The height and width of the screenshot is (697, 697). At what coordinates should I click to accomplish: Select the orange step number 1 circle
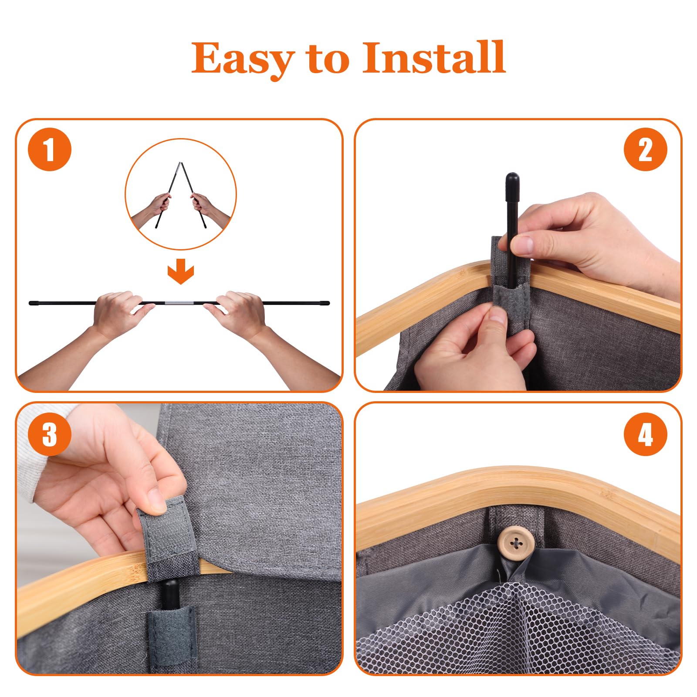(50, 149)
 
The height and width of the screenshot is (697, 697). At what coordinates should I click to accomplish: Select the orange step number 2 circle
(645, 149)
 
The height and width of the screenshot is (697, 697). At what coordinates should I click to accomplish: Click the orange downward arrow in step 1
(180, 272)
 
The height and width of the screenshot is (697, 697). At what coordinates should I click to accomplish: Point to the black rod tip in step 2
(512, 179)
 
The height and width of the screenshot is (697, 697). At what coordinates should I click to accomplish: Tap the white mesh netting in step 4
(514, 627)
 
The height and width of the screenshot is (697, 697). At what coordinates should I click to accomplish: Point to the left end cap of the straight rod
(33, 303)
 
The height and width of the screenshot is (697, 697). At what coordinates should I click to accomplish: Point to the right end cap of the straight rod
(325, 303)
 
